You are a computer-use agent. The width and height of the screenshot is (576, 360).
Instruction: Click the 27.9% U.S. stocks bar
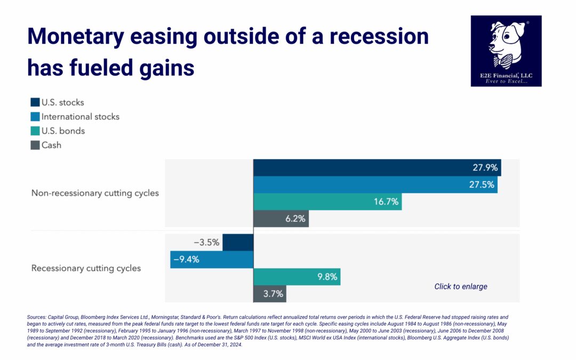coord(377,167)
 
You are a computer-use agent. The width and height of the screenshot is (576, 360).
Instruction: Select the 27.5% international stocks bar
coord(375,185)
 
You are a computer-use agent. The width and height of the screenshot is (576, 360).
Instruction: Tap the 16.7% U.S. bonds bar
coord(327,202)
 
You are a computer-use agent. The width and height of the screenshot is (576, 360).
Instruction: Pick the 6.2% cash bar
coord(281,219)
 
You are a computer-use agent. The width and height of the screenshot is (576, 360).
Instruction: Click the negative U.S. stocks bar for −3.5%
coord(238,242)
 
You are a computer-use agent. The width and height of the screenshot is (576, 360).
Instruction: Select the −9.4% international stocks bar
coord(212,259)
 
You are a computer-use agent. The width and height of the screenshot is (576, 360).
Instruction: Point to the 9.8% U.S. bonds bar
coord(297,277)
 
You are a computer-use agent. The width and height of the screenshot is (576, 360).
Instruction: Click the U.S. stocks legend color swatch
coord(35,102)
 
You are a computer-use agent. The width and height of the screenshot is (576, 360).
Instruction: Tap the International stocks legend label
coord(81,116)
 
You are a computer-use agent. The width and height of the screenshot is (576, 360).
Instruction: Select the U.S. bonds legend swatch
coord(35,131)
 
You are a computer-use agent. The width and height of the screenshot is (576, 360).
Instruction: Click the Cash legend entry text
coord(51,145)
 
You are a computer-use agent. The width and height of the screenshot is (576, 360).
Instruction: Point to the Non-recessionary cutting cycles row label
coord(95,193)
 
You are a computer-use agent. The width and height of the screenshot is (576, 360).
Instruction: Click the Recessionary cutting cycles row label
coord(86,268)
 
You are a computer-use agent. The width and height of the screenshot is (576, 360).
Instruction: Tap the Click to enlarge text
coord(461,286)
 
